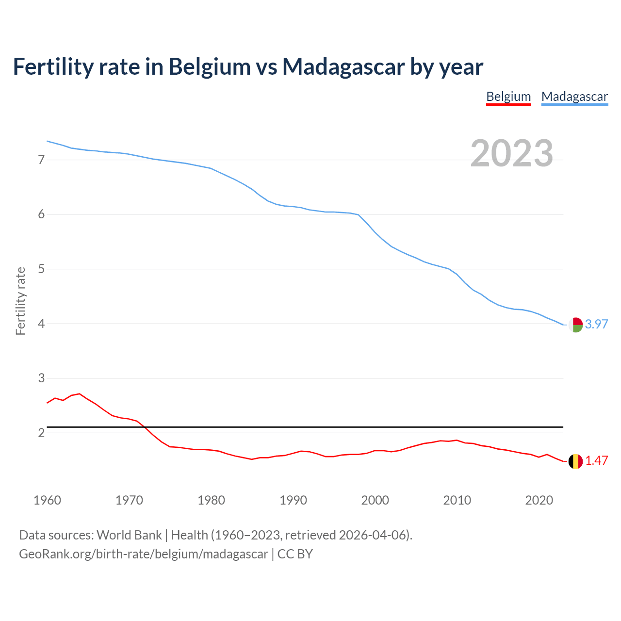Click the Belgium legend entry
coord(508,97)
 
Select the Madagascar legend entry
coord(574,97)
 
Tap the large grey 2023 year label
coord(511,153)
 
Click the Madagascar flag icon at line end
coord(575,325)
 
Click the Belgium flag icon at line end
coord(575,461)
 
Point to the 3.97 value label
coord(596,324)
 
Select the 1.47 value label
coord(596,460)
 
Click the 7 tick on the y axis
coord(41,160)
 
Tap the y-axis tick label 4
coord(41,324)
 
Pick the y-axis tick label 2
coord(41,433)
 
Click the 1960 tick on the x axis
coord(47,500)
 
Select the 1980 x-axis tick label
coord(211,500)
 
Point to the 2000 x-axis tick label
coord(375,500)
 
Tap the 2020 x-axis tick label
coord(539,500)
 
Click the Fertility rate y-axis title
coord(20,301)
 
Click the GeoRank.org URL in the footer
coord(143,554)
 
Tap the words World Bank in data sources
coord(129,535)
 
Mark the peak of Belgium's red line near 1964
coord(80,393)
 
